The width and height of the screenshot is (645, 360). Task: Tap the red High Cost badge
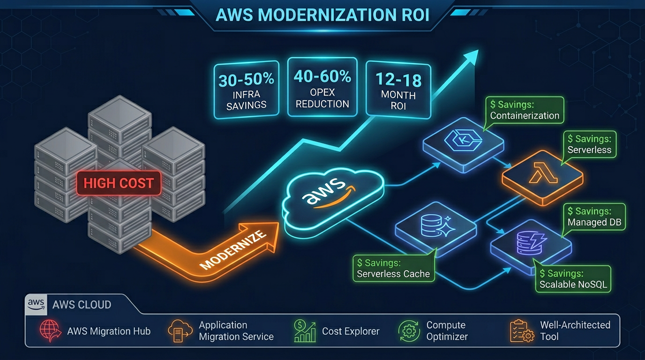(119, 183)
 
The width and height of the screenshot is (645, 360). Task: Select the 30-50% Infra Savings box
(246, 90)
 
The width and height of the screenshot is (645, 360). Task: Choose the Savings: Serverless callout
(589, 144)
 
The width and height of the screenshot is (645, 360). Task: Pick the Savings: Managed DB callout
(594, 217)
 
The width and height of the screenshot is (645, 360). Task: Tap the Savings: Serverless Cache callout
(393, 269)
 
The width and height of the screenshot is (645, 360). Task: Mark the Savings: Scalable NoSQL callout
(573, 279)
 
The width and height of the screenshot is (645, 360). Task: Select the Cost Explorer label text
(351, 331)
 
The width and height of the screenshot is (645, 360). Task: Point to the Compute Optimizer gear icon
(409, 331)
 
